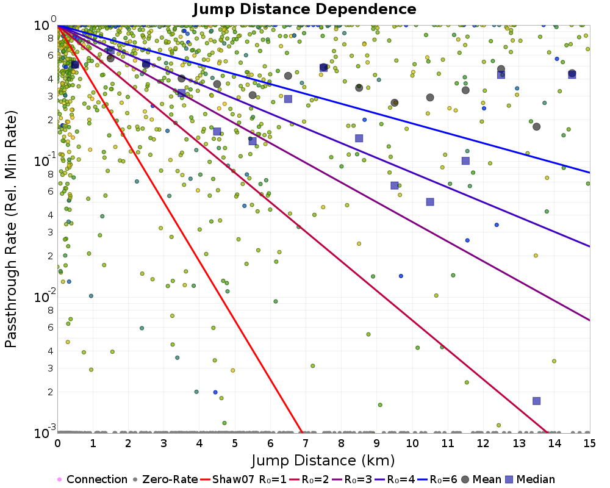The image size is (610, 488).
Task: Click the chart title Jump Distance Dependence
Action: point(304,10)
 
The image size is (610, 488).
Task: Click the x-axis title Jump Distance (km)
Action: point(323,460)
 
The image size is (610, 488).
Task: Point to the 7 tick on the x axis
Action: point(306,443)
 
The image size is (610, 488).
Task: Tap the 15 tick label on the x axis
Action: point(589,443)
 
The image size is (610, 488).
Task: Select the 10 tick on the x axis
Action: point(412,443)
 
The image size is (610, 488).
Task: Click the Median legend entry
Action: point(530,479)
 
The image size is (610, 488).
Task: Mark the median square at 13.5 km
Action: point(537,401)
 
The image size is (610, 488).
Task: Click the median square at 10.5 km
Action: point(430,202)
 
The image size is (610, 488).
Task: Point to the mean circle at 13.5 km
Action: point(537,126)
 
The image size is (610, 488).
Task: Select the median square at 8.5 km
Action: point(359,138)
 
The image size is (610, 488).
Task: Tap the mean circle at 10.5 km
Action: point(430,98)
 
